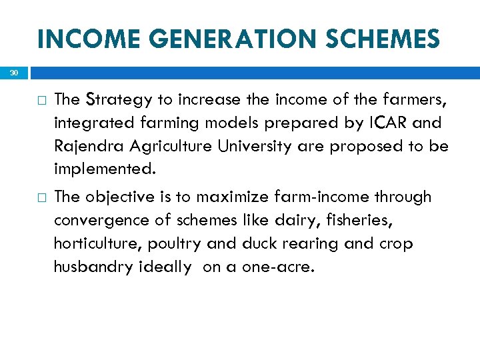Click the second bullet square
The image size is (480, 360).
pos(42,198)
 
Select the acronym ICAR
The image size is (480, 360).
pos(384,123)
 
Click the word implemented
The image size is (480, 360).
pos(104,169)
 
